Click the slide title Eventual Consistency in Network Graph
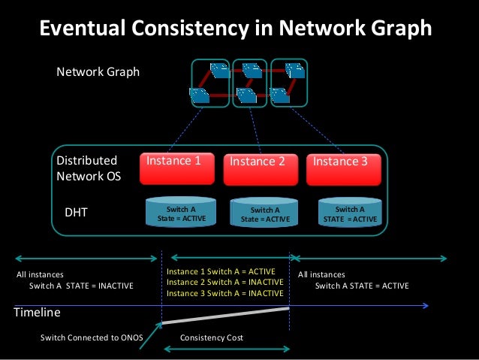tap(235, 29)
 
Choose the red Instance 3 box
tap(344, 170)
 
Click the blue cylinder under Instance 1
tap(181, 212)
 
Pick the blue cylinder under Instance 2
tap(264, 213)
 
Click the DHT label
tap(76, 213)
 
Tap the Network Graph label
tap(98, 73)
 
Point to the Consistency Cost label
tap(212, 338)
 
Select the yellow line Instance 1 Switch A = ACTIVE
tap(221, 271)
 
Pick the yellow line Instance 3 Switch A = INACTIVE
tap(224, 293)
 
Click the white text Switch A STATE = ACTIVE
tap(362, 286)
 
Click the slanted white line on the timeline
tap(225, 316)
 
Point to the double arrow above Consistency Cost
tap(225, 349)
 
